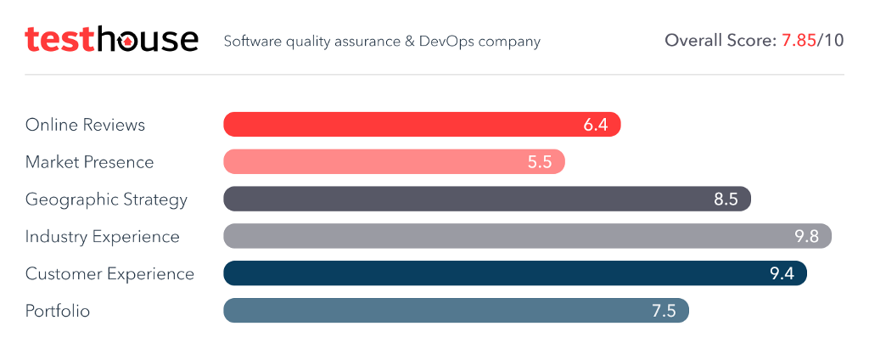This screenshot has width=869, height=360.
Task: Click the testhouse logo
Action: tap(111, 39)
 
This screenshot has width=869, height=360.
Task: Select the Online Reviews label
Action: tap(85, 125)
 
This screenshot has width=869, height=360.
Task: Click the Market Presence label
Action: tap(89, 162)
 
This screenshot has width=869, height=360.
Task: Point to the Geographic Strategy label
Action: tap(106, 200)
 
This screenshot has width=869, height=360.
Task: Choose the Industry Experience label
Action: tap(102, 237)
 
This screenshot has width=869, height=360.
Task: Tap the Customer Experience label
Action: tap(109, 274)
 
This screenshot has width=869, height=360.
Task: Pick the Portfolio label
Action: tap(58, 312)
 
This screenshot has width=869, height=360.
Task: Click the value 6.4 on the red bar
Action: tap(596, 125)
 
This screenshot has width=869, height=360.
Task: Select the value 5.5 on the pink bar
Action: tap(540, 162)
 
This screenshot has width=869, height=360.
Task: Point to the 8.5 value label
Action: tap(726, 200)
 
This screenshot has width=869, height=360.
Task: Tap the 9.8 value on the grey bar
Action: tap(806, 237)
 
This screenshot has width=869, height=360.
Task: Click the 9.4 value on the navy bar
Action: tap(781, 274)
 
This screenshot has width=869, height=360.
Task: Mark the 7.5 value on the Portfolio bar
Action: tap(664, 312)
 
